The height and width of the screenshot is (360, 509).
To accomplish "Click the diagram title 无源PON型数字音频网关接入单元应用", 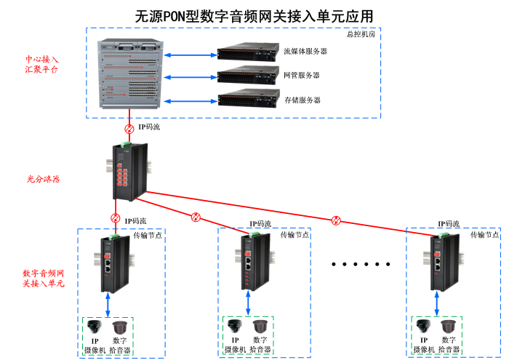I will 254,15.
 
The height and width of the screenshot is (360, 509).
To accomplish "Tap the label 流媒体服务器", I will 305,52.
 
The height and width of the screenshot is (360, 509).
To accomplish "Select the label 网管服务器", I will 301,76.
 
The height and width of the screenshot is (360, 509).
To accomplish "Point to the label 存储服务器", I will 301,100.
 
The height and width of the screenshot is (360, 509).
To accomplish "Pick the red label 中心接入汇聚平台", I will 41,64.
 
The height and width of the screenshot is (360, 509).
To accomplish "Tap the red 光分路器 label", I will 43,178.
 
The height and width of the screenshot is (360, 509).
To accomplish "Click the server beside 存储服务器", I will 248,100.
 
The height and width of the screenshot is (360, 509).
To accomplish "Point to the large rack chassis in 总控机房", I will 131,75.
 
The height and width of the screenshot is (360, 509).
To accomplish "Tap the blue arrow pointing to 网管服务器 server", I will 191,76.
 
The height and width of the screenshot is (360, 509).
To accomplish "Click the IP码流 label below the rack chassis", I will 149,127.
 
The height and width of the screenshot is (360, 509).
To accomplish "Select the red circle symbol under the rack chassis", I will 129,128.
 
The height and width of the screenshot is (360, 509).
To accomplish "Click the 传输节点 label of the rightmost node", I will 484,235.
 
